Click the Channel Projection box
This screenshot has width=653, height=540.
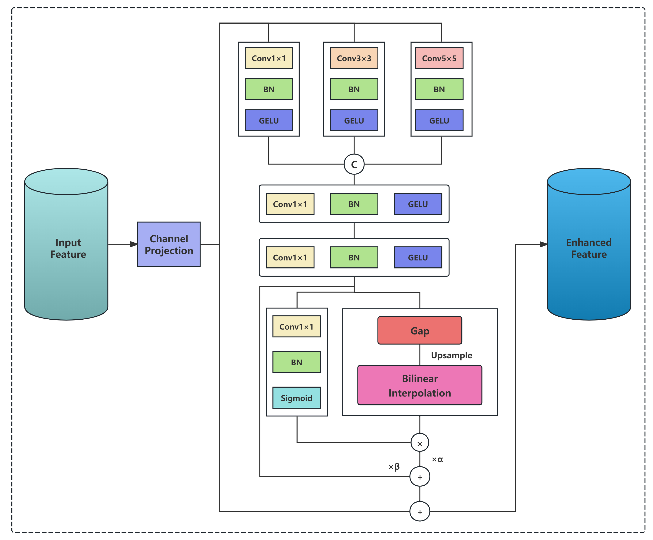tap(169, 244)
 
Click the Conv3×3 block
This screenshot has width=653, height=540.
tap(354, 58)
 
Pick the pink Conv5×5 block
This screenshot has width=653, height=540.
tap(439, 58)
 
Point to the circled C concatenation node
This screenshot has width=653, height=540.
tap(354, 164)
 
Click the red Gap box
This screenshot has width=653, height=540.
tap(419, 330)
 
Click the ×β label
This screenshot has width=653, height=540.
tap(394, 467)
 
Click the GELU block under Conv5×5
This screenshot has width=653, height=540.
tap(439, 120)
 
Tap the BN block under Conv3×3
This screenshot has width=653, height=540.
tap(354, 89)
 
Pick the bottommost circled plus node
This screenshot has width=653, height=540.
tap(419, 511)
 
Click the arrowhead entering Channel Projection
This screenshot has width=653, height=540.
tap(134, 244)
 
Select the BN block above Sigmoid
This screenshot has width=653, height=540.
tap(296, 362)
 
